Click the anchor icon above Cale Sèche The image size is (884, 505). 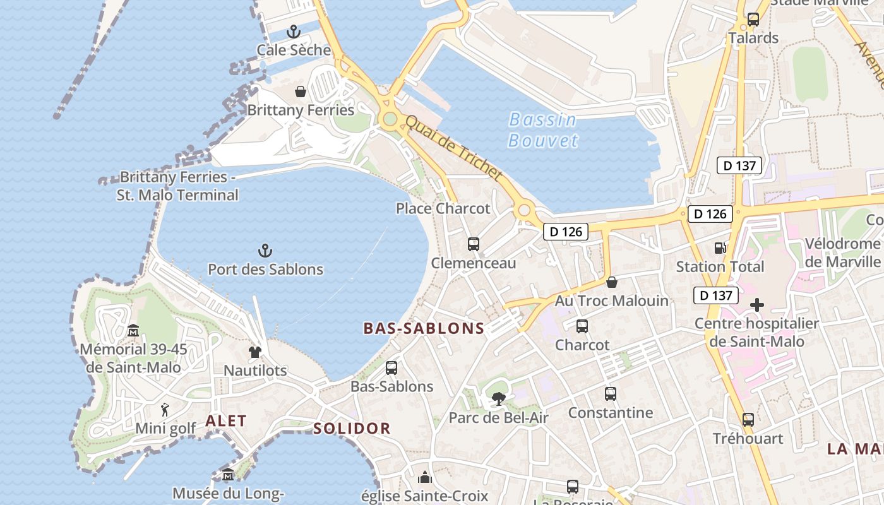(x=294, y=31)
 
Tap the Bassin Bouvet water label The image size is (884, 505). (x=543, y=129)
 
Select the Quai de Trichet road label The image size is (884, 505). (x=453, y=148)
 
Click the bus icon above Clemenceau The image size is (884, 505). (x=474, y=244)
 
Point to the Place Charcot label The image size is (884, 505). (x=443, y=208)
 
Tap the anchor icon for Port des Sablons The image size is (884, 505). (x=265, y=251)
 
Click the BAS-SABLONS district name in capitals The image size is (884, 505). (x=424, y=328)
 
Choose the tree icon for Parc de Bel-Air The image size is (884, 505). (x=498, y=399)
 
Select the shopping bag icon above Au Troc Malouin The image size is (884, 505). (x=611, y=282)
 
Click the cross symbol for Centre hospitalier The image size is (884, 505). (x=756, y=306)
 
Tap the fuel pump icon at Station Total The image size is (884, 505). (x=720, y=248)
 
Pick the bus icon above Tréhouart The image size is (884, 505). (x=748, y=420)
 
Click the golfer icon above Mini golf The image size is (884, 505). (x=165, y=410)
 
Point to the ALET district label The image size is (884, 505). (x=226, y=421)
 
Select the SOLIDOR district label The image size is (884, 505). (x=352, y=429)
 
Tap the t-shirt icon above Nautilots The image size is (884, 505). (x=254, y=352)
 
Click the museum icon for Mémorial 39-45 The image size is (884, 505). (x=133, y=330)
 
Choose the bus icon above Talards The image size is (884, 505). (x=753, y=20)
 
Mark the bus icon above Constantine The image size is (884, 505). (x=610, y=394)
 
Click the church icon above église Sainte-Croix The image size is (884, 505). (x=425, y=477)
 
